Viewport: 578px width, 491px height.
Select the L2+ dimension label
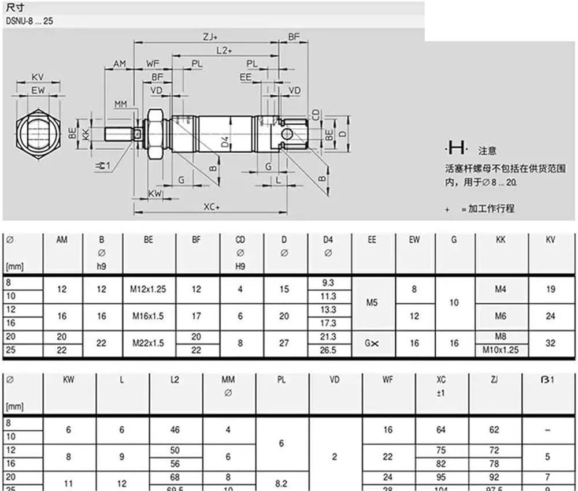[224, 50]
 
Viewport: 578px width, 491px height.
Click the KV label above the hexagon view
[38, 77]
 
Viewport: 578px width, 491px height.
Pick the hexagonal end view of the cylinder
[38, 135]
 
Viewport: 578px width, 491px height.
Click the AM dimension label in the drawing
[119, 64]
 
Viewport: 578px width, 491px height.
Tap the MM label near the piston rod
[120, 104]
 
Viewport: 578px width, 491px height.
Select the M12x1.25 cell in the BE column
[148, 289]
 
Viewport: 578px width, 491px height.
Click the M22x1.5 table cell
[148, 343]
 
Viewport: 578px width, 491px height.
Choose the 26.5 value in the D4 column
[328, 349]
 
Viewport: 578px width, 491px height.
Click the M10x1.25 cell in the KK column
[501, 349]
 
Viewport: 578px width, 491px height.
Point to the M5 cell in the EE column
[372, 302]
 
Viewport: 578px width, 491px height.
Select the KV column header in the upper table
[550, 240]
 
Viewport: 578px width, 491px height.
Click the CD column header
[240, 240]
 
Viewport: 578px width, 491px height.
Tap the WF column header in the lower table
[387, 380]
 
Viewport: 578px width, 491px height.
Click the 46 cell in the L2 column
[175, 430]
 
